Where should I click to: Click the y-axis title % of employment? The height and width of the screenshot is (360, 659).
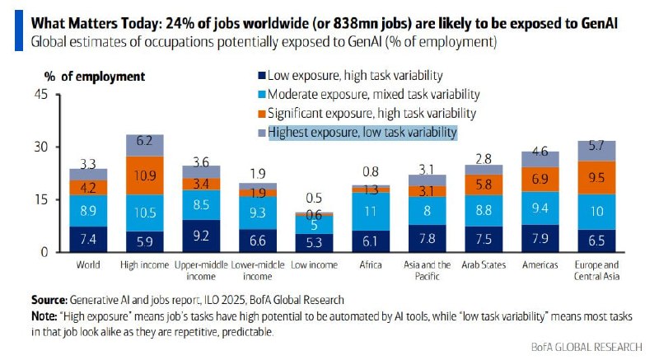[x=94, y=77]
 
